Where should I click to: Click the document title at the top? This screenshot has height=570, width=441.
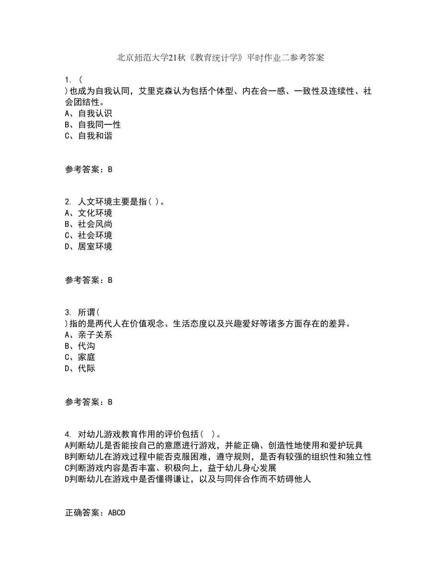[x=220, y=58]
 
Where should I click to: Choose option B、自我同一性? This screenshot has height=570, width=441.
[x=92, y=124]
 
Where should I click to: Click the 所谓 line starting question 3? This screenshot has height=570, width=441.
[x=82, y=313]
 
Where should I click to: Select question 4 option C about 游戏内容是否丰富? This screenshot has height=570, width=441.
[x=171, y=468]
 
